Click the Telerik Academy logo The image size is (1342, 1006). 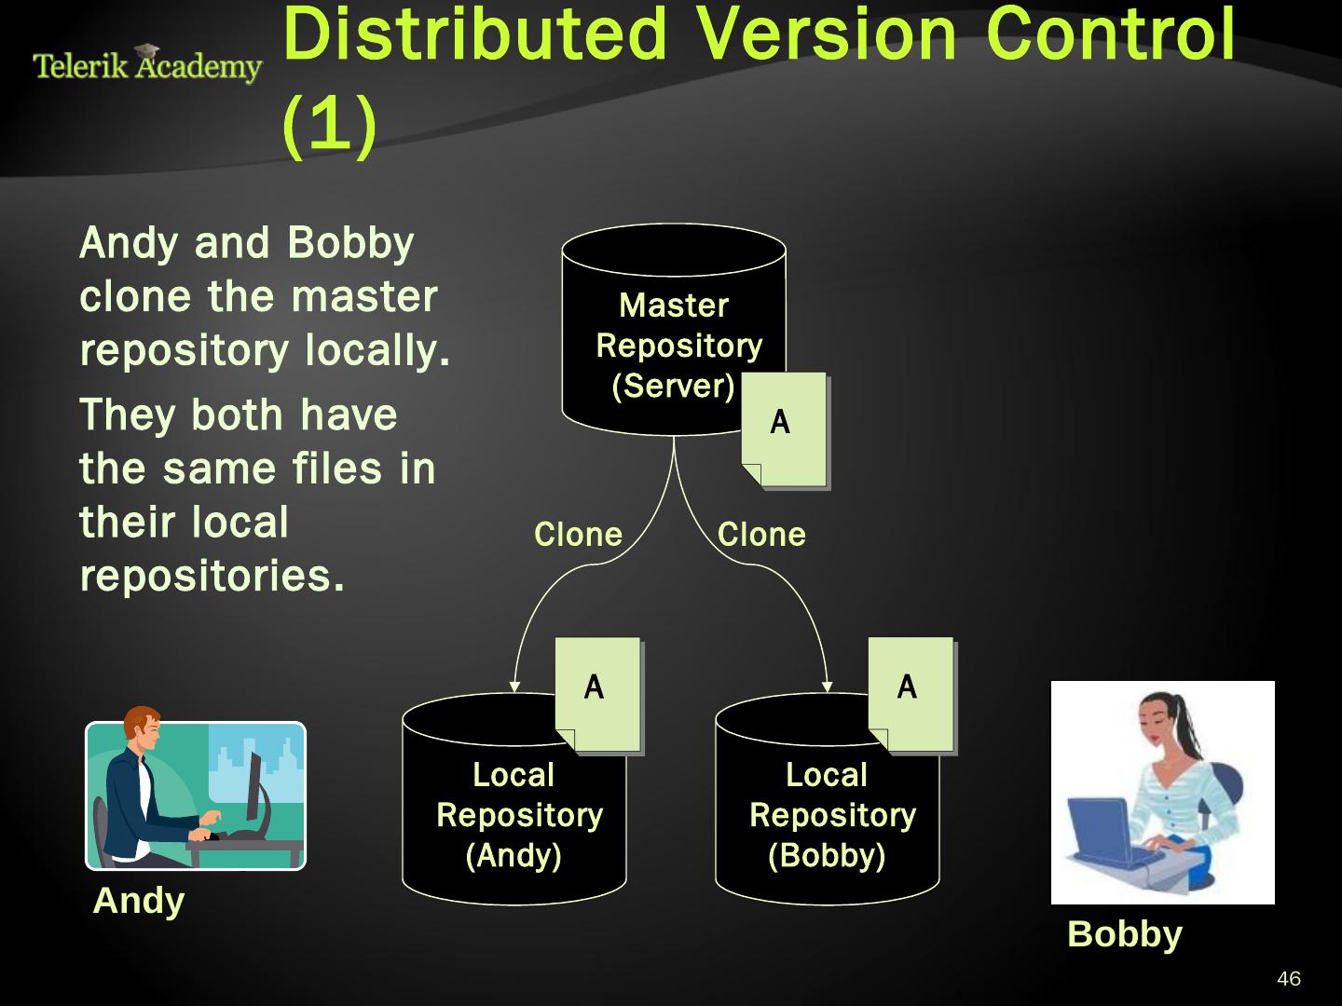(x=146, y=65)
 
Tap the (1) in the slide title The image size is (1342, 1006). (x=328, y=124)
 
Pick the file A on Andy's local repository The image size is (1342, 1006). (x=597, y=694)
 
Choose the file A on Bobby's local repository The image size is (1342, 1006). (x=911, y=694)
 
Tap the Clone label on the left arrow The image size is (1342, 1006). (x=578, y=535)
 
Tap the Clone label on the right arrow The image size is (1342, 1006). (x=761, y=535)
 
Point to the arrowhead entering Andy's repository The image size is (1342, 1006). (x=514, y=687)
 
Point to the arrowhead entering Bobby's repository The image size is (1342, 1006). (x=828, y=687)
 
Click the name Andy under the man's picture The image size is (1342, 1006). (x=139, y=901)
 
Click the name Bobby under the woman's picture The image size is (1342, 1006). (x=1124, y=933)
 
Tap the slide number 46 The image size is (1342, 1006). (x=1289, y=979)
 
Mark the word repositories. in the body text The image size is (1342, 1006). (x=212, y=576)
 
